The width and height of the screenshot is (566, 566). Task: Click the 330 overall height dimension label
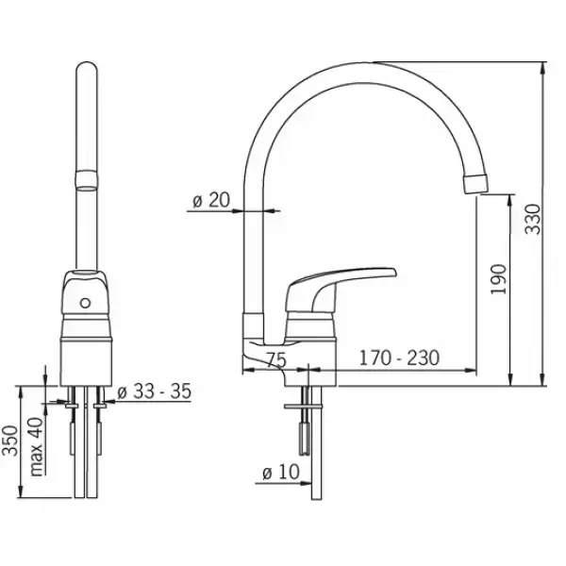click(x=533, y=219)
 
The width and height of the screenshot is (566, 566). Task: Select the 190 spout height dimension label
click(x=498, y=279)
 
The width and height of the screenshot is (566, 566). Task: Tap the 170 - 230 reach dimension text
click(x=399, y=358)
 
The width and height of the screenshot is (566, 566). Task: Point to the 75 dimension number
click(x=276, y=359)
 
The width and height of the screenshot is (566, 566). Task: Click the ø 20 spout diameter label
click(x=211, y=199)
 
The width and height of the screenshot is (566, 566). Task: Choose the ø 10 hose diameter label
click(x=281, y=472)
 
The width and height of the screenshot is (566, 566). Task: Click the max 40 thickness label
click(x=37, y=446)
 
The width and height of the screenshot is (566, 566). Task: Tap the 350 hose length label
click(x=10, y=441)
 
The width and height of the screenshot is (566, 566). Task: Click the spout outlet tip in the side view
click(x=476, y=183)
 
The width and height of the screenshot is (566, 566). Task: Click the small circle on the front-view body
click(x=85, y=303)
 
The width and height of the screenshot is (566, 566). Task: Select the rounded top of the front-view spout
click(x=86, y=69)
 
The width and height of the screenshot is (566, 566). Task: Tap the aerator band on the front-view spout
click(x=86, y=180)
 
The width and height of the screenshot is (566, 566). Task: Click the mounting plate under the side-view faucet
click(x=303, y=407)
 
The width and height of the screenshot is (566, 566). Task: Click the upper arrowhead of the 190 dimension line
click(x=510, y=201)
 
